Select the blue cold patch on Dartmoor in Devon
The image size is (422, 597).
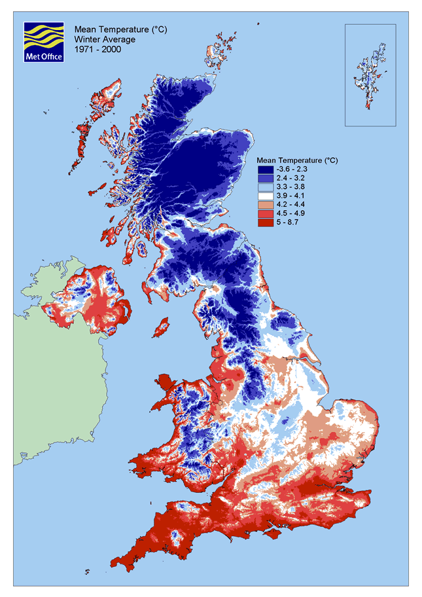pos(175,536)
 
